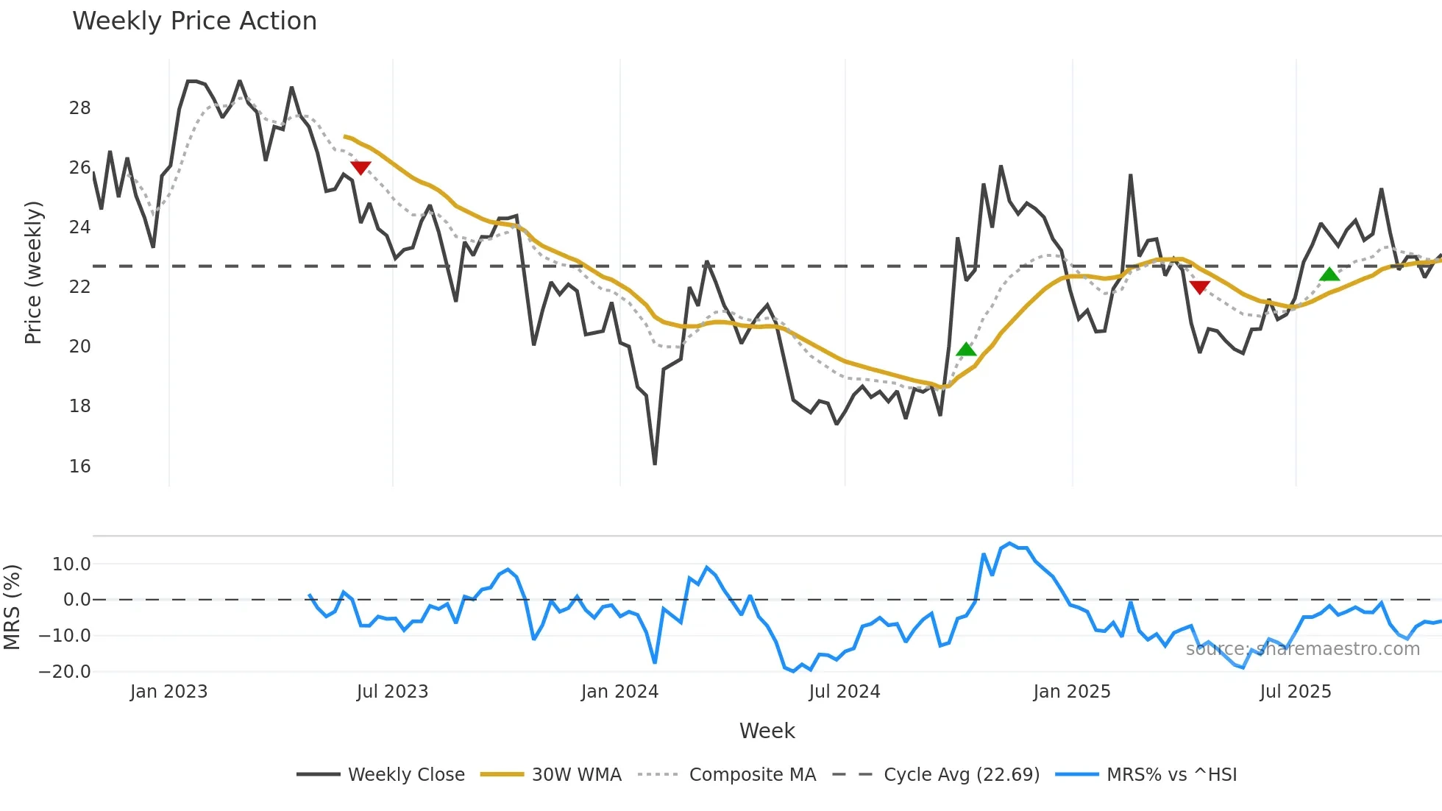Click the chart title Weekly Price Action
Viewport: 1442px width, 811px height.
tap(194, 21)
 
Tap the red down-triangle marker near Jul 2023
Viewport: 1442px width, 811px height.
tap(360, 168)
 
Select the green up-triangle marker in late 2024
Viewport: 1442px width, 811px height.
tap(966, 350)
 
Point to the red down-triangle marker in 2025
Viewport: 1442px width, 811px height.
tap(1199, 287)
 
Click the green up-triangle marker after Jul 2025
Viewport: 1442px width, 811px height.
tap(1329, 275)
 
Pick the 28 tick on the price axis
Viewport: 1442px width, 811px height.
tap(79, 108)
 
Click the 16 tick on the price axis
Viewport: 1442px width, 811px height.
tap(79, 467)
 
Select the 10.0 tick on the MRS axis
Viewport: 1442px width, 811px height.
tap(71, 564)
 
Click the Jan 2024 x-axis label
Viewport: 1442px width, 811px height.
tap(619, 692)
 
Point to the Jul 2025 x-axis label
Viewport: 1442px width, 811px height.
tap(1296, 692)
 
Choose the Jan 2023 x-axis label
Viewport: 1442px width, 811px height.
tap(168, 692)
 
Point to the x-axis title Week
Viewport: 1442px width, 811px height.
tap(767, 731)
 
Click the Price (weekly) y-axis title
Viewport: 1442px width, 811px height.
tap(33, 272)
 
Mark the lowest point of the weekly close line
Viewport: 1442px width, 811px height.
tap(655, 464)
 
